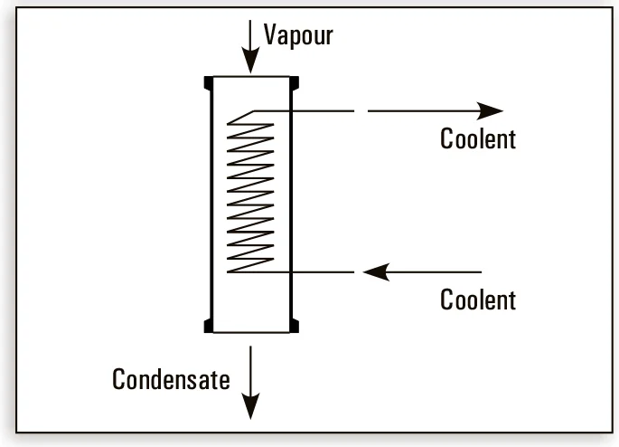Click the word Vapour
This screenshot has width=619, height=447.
pos(298,35)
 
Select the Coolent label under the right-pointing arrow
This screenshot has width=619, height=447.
pos(478,139)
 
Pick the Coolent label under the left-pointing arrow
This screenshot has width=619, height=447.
pos(478,300)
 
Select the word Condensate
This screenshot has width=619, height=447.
pos(171,379)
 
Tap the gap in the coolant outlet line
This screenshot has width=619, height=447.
pos(361,110)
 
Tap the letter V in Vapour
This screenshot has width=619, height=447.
pos(269,35)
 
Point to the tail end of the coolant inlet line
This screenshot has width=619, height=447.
pos(481,271)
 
